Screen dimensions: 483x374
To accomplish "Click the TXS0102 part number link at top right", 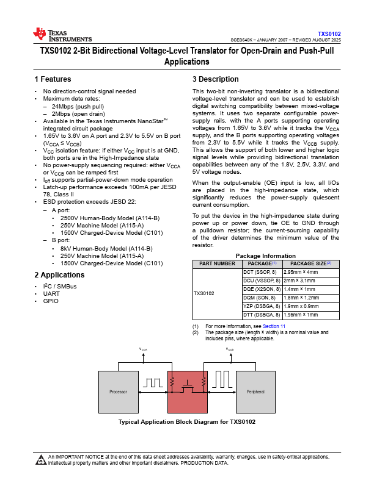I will coord(329,34).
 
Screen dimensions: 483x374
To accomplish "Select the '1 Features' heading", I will coord(53,79).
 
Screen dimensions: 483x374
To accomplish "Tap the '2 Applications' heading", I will coord(59,275).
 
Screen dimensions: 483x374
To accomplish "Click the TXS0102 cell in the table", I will coord(204,293).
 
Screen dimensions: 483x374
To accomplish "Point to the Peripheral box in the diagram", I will coord(255,391).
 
